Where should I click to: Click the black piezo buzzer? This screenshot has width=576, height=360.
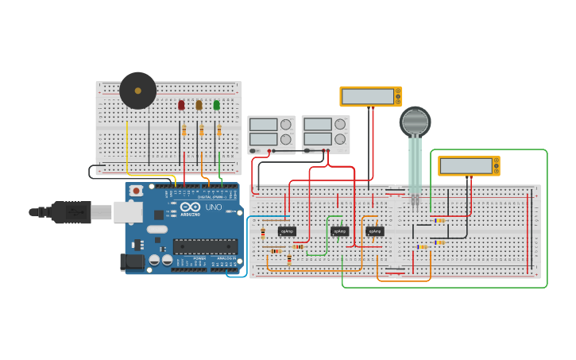[x=137, y=91]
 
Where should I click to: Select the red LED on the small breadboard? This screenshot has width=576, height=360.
[x=181, y=105]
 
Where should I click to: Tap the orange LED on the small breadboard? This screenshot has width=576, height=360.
[x=199, y=105]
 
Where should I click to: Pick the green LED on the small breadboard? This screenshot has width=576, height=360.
[x=216, y=105]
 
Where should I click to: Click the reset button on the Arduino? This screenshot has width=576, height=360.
[x=137, y=191]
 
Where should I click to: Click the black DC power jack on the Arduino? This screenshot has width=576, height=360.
[x=126, y=261]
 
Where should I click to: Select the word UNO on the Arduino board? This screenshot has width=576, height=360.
[x=214, y=207]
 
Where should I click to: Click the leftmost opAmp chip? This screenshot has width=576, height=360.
[x=287, y=231]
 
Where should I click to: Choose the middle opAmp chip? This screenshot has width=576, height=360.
[x=339, y=231]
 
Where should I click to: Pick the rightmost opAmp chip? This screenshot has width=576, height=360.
[x=375, y=231]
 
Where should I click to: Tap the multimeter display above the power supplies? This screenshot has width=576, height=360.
[x=368, y=97]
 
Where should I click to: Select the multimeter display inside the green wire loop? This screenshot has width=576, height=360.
[x=466, y=166]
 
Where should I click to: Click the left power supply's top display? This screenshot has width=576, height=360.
[x=262, y=125]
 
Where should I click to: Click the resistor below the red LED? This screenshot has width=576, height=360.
[x=184, y=130]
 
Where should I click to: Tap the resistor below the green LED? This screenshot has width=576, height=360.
[x=219, y=130]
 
